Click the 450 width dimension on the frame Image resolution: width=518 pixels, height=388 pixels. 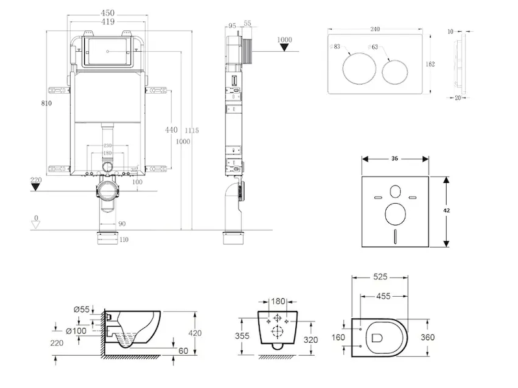pyautogui.click(x=107, y=12)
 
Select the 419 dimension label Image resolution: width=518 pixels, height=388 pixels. pyautogui.click(x=107, y=21)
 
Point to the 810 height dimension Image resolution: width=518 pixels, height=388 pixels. pyautogui.click(x=45, y=103)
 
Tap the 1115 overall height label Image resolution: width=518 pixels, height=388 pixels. pyautogui.click(x=192, y=131)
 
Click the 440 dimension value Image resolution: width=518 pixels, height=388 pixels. pyautogui.click(x=171, y=130)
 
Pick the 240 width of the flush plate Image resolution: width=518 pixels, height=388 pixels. pyautogui.click(x=375, y=28)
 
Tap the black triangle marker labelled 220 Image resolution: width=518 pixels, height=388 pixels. pyautogui.click(x=36, y=188)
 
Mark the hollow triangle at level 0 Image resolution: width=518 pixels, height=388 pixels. pyautogui.click(x=36, y=224)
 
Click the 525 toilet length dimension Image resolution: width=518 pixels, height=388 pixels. pyautogui.click(x=379, y=277)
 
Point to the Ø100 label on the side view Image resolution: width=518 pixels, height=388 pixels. pyautogui.click(x=78, y=331)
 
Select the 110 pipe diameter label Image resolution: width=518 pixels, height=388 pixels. pyautogui.click(x=124, y=240)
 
